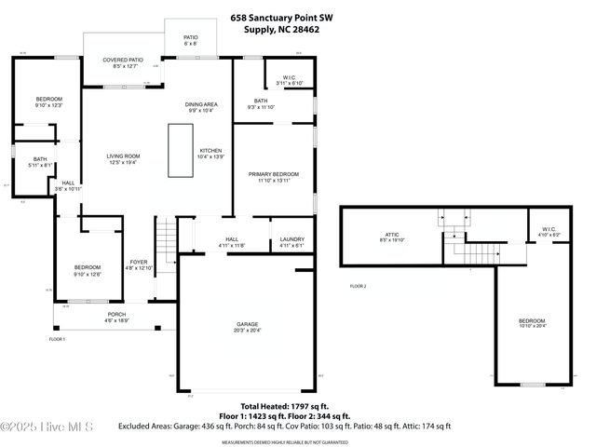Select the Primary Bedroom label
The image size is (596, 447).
point(273,177)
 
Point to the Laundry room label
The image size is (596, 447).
point(291,242)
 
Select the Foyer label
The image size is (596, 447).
point(139,264)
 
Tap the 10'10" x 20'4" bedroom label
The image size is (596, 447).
point(534,323)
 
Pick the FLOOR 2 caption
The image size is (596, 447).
point(359,286)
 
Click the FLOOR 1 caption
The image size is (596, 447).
point(58,339)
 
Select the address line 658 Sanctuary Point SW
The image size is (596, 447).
point(284,17)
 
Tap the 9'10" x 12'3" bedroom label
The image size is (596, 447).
point(48,102)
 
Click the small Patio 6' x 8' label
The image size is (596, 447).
point(190,40)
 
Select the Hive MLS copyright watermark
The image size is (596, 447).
point(47,427)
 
